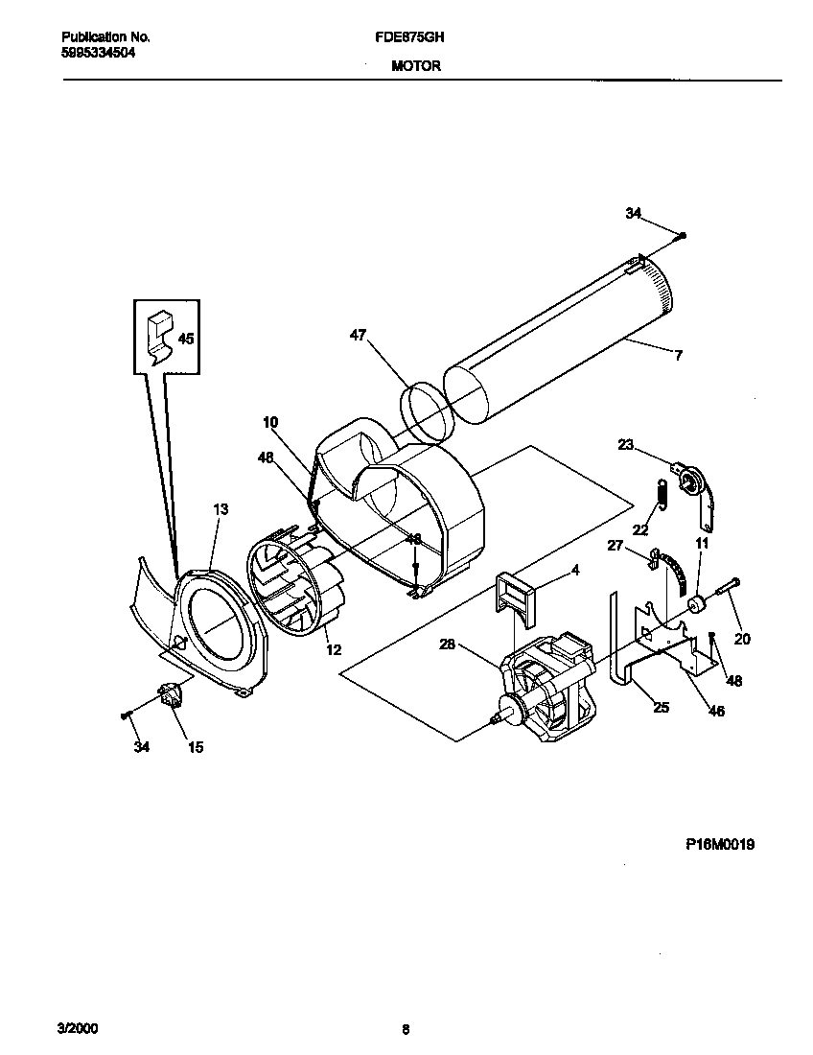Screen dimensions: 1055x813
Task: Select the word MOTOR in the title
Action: click(x=416, y=67)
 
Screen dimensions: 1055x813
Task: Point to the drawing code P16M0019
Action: click(x=720, y=844)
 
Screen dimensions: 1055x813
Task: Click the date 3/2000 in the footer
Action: click(x=78, y=1029)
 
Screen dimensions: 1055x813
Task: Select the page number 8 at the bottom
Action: click(x=406, y=1030)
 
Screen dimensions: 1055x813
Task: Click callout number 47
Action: click(x=358, y=335)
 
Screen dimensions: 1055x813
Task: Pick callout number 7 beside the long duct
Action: click(x=678, y=356)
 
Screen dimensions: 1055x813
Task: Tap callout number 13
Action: click(x=221, y=509)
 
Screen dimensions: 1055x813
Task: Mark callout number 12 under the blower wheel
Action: click(x=333, y=650)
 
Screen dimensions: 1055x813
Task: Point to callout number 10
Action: click(x=270, y=421)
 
